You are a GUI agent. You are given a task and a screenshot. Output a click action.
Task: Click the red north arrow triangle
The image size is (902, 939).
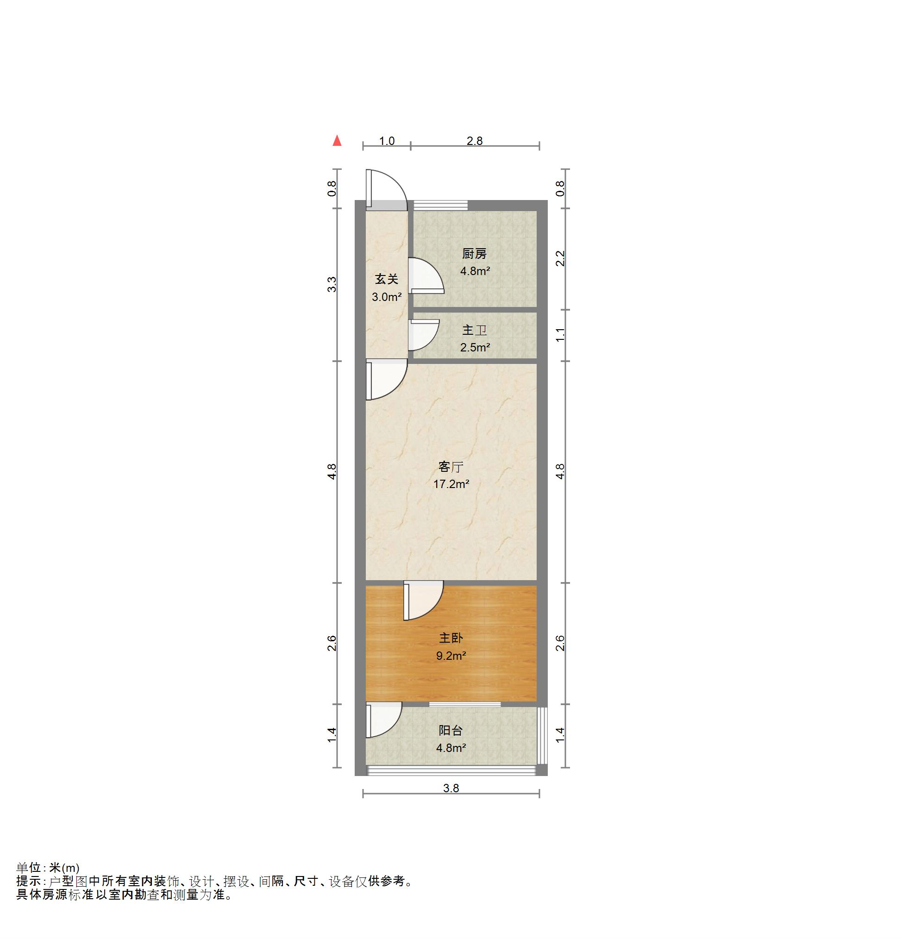point(337,140)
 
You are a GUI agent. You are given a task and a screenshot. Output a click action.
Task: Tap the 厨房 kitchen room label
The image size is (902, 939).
point(474,253)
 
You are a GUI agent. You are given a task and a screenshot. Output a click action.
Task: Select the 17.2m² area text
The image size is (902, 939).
point(451,484)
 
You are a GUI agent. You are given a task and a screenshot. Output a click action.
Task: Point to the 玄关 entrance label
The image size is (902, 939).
point(387,279)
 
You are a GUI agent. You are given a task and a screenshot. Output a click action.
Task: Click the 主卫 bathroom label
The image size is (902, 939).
point(474,330)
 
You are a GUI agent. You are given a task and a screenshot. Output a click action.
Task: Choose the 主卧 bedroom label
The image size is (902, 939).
point(451,638)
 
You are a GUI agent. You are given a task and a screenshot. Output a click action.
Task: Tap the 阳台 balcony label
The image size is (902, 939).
point(451,730)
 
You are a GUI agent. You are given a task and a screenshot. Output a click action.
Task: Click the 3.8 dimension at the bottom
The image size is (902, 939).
point(451,788)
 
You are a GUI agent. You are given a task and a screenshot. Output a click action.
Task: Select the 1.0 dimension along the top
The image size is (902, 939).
point(387,141)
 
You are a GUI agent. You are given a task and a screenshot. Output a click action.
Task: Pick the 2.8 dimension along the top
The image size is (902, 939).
point(474,141)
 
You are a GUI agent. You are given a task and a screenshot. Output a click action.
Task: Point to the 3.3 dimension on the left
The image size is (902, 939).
point(332,285)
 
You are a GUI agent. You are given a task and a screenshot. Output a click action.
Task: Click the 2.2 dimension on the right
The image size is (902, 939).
point(560,259)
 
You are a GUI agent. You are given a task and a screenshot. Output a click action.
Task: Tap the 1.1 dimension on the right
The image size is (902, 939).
point(560,335)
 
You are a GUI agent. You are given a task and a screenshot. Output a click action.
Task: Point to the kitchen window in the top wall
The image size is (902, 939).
point(440,205)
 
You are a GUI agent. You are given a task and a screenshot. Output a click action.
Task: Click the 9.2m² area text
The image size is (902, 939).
point(451,655)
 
